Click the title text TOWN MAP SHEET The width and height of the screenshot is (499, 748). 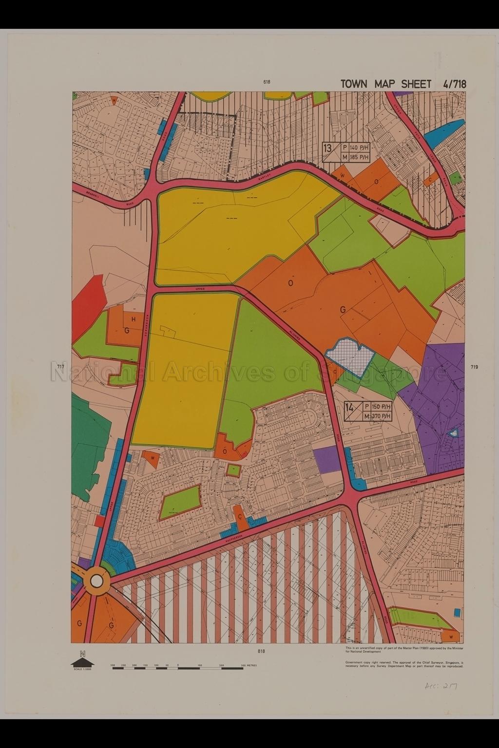(x=385, y=84)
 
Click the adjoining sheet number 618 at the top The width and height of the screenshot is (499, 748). (x=267, y=82)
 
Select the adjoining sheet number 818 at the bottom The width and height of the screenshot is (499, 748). (x=262, y=651)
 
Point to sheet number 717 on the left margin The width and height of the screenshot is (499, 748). (x=60, y=366)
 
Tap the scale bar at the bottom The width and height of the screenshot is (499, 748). (x=178, y=668)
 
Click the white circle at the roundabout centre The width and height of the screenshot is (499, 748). (x=96, y=581)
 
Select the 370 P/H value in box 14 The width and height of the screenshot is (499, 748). (x=381, y=416)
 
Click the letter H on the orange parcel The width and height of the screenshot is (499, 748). (x=133, y=319)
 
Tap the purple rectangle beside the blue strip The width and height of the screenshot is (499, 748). (x=326, y=459)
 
